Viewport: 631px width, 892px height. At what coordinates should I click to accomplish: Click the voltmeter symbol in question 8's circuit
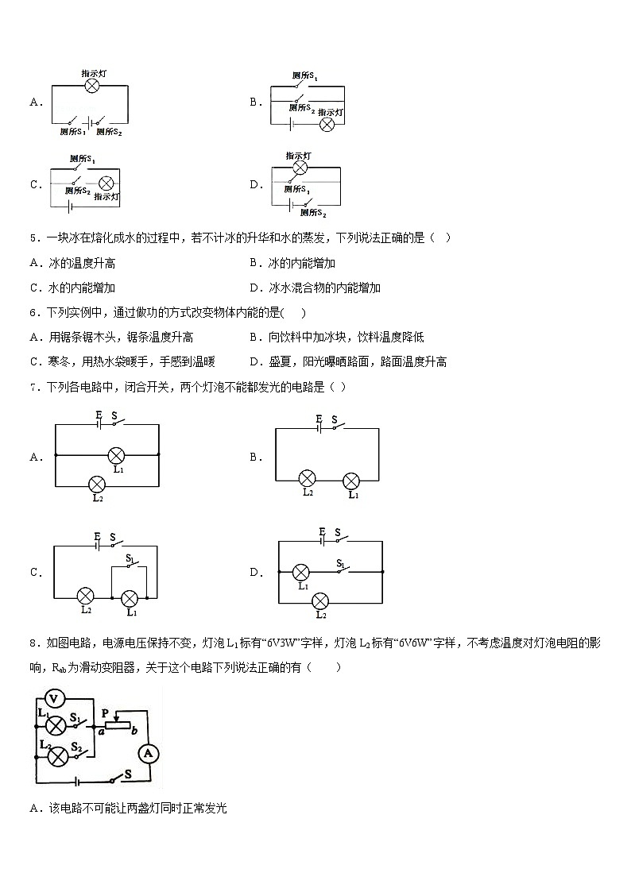point(53,699)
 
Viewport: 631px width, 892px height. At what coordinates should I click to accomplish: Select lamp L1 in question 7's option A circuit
point(116,455)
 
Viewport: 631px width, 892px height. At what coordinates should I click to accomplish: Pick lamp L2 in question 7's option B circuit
point(308,478)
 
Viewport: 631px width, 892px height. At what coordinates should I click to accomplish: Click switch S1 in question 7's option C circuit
point(133,565)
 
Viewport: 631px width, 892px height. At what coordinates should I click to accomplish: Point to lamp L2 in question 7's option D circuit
point(321,600)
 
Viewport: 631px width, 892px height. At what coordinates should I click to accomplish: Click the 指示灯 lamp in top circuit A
point(92,86)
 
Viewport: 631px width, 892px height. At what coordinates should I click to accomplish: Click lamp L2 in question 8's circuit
point(57,755)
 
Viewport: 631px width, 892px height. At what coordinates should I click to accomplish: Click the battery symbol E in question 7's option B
point(319,427)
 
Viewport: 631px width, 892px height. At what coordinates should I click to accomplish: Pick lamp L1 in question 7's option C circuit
point(130,597)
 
